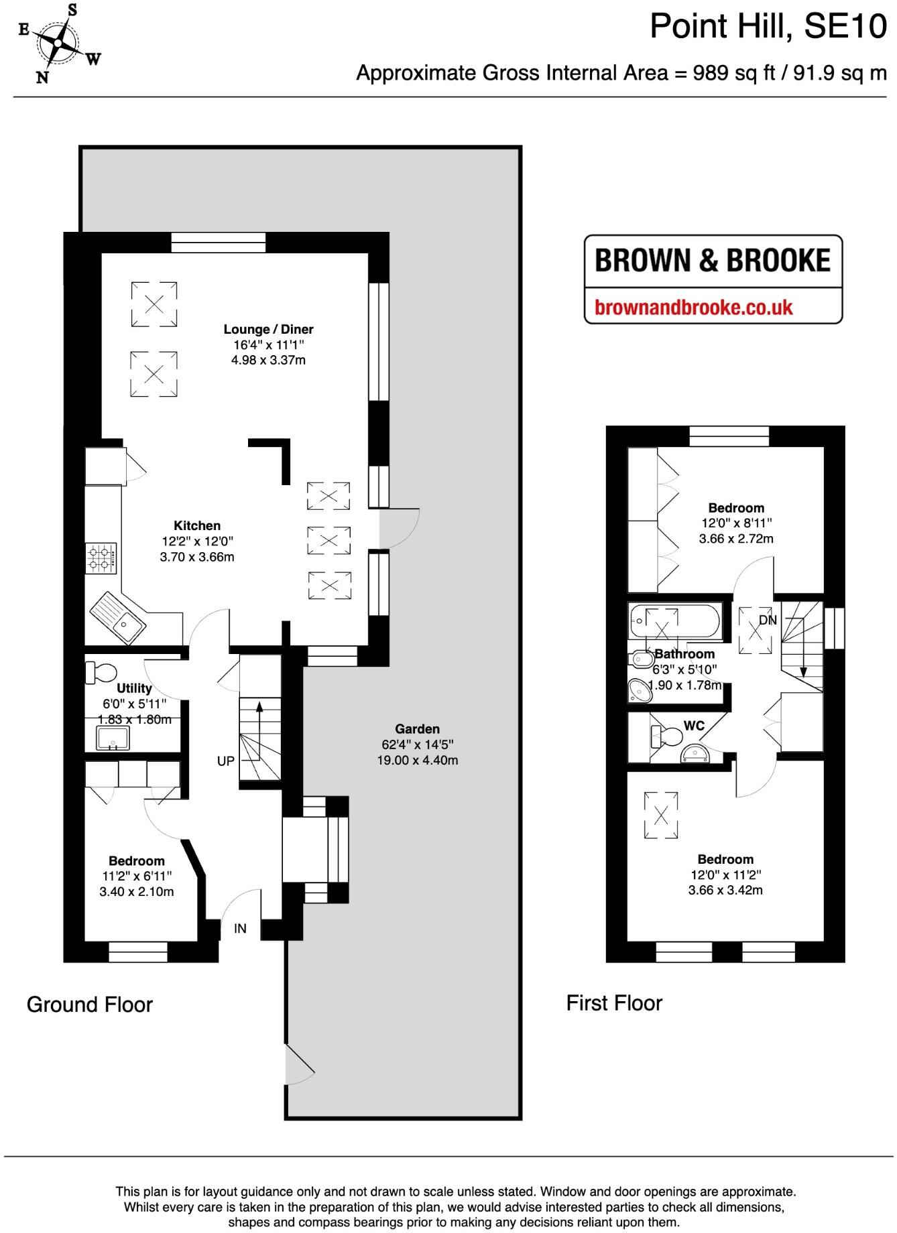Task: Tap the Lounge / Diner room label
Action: (x=268, y=329)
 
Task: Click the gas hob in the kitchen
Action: (x=101, y=558)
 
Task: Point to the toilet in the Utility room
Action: (x=101, y=672)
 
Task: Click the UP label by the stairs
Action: (x=226, y=761)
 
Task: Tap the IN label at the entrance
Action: (x=240, y=929)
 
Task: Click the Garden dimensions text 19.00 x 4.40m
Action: (x=417, y=760)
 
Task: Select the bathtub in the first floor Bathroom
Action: (x=674, y=621)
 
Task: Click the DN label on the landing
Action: (x=768, y=621)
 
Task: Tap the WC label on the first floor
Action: (x=694, y=726)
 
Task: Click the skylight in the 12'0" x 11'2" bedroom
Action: (x=661, y=815)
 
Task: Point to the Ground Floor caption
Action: (x=90, y=1004)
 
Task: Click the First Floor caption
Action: (x=614, y=1003)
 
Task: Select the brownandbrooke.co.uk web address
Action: (x=694, y=308)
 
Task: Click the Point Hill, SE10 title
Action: (x=768, y=27)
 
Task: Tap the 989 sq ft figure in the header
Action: (x=703, y=72)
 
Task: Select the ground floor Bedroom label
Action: (x=137, y=860)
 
